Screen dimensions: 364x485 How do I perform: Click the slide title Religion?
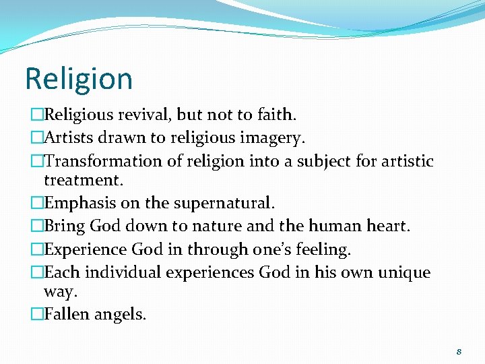click(x=79, y=79)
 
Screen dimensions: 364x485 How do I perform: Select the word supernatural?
click(x=226, y=203)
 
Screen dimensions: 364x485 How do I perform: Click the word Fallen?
click(x=68, y=314)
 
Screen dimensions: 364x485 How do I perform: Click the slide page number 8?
click(x=458, y=351)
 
